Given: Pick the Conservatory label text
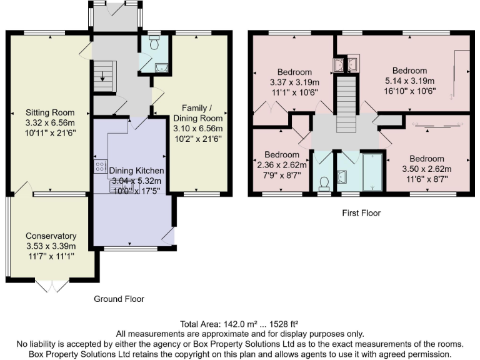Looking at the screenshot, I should click(51, 236).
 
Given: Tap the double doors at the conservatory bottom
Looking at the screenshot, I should click(52, 285).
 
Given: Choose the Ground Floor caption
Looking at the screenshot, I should click(119, 299).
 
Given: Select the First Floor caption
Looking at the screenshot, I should click(361, 213).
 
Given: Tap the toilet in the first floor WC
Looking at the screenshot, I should click(324, 182).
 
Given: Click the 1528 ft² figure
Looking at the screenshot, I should click(283, 324).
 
